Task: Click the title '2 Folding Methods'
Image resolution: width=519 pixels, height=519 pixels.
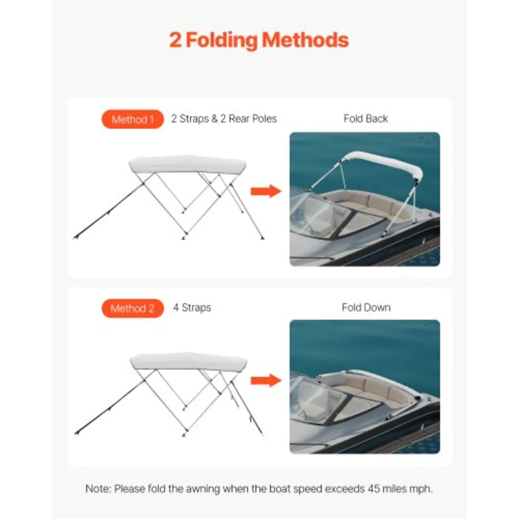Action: coord(259,40)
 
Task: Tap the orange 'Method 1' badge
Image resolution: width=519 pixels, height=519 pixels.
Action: coord(133,119)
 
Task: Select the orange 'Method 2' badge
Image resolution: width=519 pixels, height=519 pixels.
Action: coord(133,308)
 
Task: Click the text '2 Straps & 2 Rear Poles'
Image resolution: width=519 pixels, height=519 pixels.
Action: coord(224,119)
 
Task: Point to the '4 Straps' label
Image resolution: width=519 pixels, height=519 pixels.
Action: coord(192,308)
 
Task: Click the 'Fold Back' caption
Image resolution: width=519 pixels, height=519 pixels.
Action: coord(365,119)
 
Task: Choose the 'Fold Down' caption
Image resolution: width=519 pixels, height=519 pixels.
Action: coord(366,308)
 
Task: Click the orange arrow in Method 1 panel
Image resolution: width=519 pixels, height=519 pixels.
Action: coord(265,191)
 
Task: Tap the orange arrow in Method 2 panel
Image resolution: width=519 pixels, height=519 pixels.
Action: coord(265,380)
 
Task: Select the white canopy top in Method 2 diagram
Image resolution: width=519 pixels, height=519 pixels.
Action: coord(188,361)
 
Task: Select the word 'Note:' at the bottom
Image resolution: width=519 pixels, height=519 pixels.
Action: coord(99,489)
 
